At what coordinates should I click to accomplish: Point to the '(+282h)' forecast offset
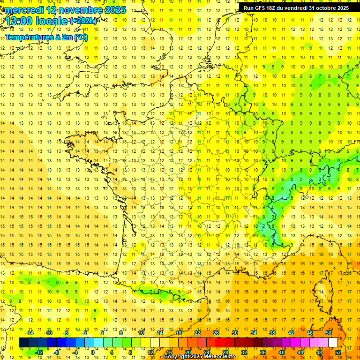pyautogui.click(x=83, y=21)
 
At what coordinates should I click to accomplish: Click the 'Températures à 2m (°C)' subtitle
pyautogui.click(x=46, y=37)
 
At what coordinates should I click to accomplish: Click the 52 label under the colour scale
pyautogui.click(x=338, y=352)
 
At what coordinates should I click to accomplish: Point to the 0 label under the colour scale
pyautogui.click(x=93, y=352)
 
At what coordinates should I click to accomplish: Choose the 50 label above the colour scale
pyautogui.click(x=329, y=333)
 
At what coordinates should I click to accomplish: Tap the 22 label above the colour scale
pyautogui.click(x=197, y=333)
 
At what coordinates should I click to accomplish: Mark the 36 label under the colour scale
pyautogui.click(x=263, y=352)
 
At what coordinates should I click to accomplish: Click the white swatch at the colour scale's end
pyautogui.click(x=333, y=343)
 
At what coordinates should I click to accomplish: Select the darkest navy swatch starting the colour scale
pyautogui.click(x=23, y=343)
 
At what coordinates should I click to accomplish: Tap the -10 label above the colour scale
pyautogui.click(x=48, y=333)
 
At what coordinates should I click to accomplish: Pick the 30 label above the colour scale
pyautogui.click(x=235, y=333)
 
